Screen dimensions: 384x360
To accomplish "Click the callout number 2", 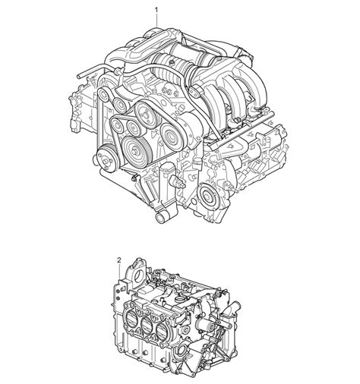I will click(118, 260).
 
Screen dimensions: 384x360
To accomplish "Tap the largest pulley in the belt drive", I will click(138, 149).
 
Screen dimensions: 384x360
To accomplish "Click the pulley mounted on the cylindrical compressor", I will click(172, 139).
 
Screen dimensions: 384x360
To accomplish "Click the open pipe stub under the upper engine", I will click(161, 218).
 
